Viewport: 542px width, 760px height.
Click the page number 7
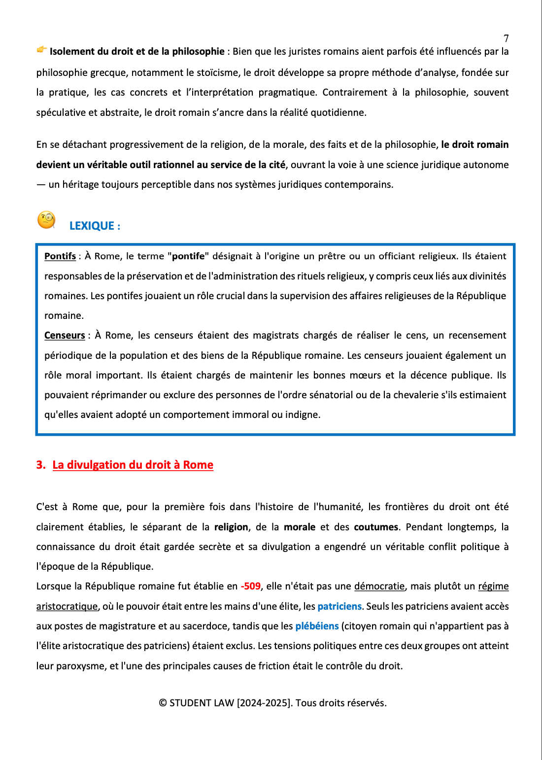coord(506,38)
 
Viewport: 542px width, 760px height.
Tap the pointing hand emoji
coord(42,49)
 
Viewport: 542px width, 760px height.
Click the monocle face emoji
coord(46,220)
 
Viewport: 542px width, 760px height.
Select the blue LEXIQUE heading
coord(95,226)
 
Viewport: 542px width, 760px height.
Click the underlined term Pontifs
coord(60,256)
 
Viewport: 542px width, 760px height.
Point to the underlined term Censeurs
coord(65,336)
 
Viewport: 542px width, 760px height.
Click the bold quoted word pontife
coord(188,256)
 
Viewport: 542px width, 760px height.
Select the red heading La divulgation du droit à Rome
coord(133,465)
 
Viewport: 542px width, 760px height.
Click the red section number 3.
coord(40,465)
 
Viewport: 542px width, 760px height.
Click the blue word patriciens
coord(339,606)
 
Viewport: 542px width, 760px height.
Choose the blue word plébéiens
coord(317,626)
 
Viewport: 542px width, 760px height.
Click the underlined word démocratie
coord(379,587)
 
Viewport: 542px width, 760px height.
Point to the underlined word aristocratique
coord(67,606)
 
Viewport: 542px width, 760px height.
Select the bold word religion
coord(231,527)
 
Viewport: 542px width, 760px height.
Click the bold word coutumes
coord(376,527)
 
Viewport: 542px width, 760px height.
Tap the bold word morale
coord(300,527)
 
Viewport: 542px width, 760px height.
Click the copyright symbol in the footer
coord(163,703)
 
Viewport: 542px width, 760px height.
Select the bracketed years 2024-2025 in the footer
coord(264,703)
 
